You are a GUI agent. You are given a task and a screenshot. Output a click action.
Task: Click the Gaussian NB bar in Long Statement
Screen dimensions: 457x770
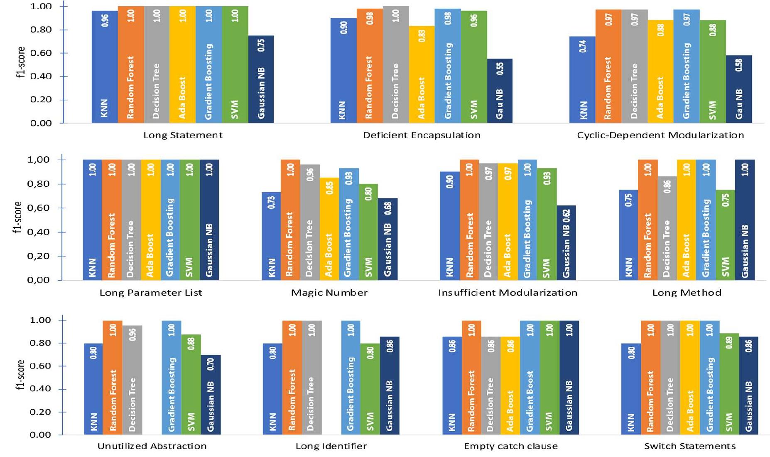[261, 79]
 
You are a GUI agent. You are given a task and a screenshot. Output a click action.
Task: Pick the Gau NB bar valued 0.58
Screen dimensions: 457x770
[739, 89]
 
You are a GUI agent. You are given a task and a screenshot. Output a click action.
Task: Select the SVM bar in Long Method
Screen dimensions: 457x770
[725, 235]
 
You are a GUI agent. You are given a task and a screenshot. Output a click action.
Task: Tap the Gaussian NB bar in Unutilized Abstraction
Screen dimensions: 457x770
[211, 395]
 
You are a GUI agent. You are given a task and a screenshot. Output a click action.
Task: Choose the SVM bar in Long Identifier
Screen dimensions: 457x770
[370, 383]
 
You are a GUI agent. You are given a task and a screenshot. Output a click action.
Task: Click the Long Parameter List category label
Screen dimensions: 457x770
[151, 293]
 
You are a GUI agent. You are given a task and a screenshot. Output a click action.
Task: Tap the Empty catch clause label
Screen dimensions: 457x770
[510, 446]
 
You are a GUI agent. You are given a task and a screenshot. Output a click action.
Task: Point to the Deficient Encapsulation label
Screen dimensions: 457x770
[422, 135]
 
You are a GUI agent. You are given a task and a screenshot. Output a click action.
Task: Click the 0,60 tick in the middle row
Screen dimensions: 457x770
[38, 208]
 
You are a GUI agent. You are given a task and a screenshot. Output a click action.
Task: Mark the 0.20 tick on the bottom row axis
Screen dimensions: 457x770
[40, 412]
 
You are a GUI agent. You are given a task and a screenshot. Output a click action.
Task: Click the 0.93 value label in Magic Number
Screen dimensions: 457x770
[349, 178]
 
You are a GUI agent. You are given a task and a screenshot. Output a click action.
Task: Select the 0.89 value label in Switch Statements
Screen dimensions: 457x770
[729, 342]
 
